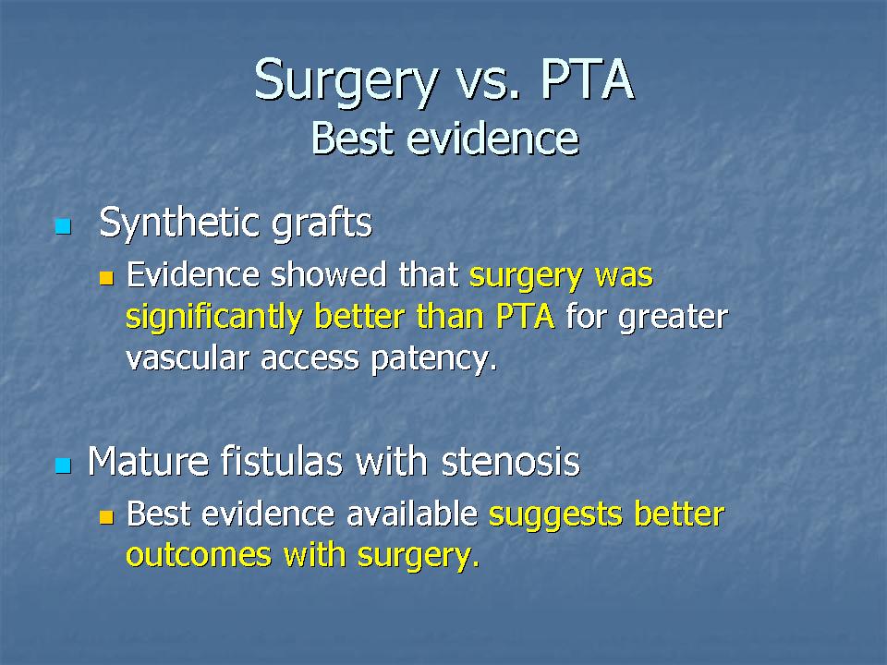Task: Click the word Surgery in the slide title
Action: click(x=346, y=81)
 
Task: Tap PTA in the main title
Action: click(x=587, y=79)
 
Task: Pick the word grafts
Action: click(x=322, y=224)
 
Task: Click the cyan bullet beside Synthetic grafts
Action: click(x=64, y=227)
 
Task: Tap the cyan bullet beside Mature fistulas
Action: click(x=64, y=465)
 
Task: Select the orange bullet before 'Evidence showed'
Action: click(x=106, y=278)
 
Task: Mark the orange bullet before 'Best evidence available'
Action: click(x=106, y=517)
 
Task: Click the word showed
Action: click(x=329, y=275)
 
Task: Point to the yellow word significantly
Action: click(x=213, y=318)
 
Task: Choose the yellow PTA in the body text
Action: click(x=525, y=317)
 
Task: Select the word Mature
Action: click(x=149, y=462)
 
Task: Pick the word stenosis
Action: click(x=511, y=462)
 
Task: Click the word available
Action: click(x=412, y=514)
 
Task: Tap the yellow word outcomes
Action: click(x=199, y=556)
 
